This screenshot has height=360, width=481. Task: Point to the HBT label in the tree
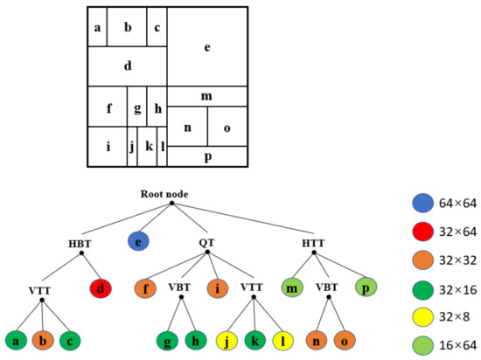[80, 242]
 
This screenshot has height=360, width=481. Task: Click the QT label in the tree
[208, 242]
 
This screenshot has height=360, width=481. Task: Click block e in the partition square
[206, 47]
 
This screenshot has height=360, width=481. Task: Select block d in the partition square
[128, 66]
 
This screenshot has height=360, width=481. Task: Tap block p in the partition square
[206, 156]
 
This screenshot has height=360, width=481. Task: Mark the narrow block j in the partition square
[132, 147]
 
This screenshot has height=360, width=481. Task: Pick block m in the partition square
[206, 96]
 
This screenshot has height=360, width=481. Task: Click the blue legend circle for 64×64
[423, 204]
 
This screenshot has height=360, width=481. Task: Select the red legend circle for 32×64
[423, 232]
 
